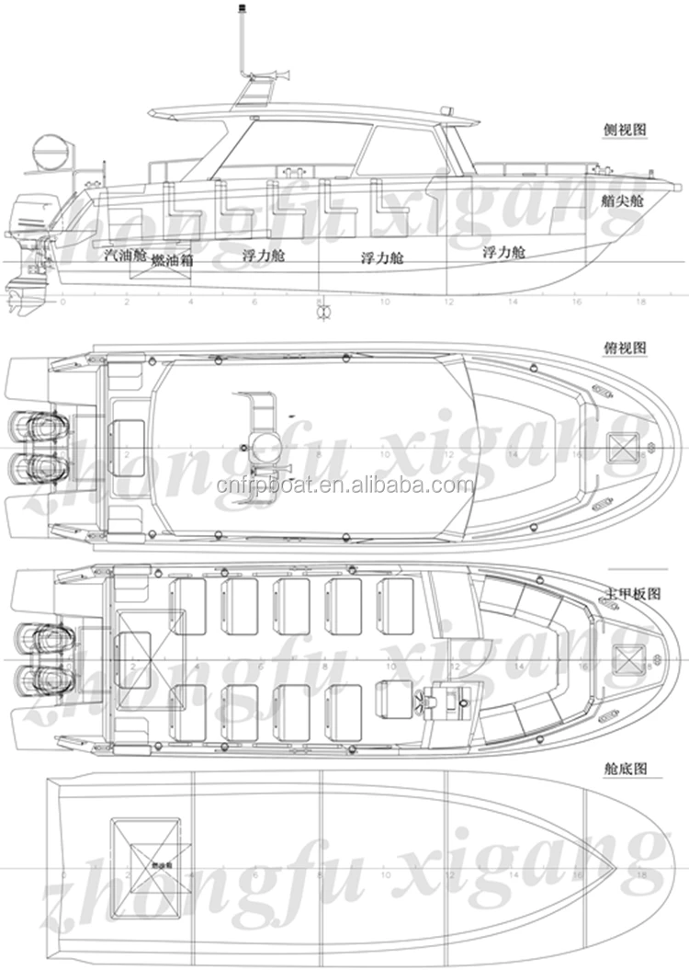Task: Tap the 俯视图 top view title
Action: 627,348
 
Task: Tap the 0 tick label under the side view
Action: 62,302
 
